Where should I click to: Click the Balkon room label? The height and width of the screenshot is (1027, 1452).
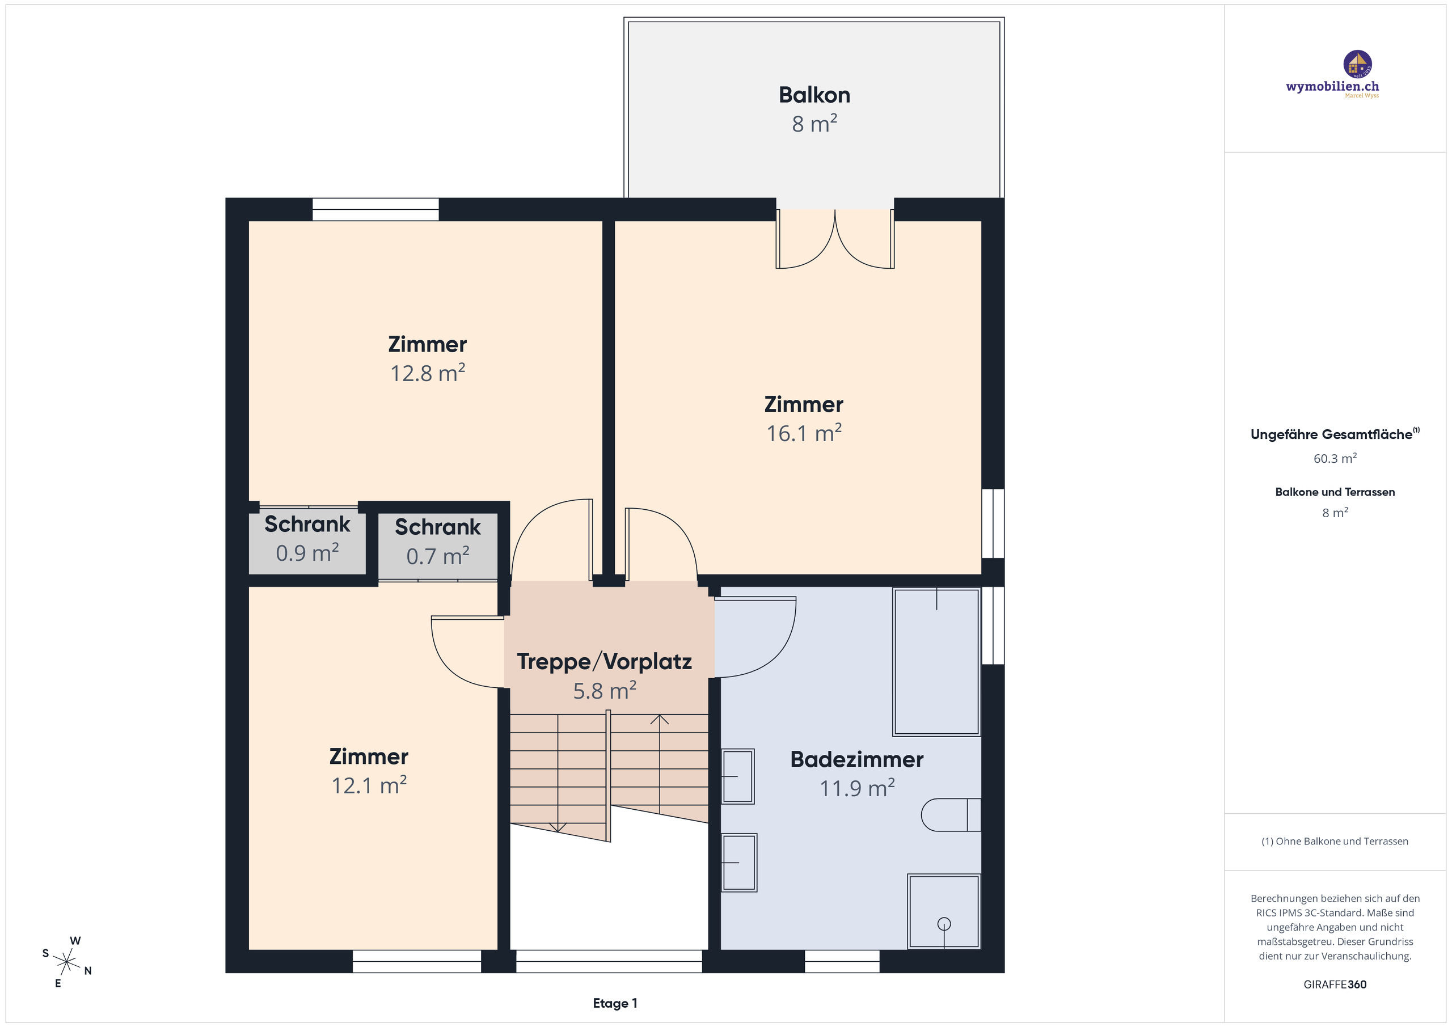coord(814,95)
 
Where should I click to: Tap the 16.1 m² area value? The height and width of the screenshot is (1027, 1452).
coord(804,433)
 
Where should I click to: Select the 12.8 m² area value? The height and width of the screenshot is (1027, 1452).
coord(428,373)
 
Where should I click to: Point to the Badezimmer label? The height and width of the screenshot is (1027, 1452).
coord(857,759)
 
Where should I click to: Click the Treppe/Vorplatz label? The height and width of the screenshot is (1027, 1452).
coord(605,661)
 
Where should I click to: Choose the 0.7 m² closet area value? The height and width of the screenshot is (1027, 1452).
coord(438,556)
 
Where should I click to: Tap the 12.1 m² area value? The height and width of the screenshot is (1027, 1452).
coord(369,785)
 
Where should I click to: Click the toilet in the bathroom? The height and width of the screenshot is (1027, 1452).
coord(951,814)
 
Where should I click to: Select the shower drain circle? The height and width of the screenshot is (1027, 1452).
coord(944,924)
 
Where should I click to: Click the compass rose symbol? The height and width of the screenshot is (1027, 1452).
coord(66,962)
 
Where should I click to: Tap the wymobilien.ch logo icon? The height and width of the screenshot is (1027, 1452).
coord(1357,65)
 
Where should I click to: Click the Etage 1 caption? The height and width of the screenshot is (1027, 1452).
coord(615,1003)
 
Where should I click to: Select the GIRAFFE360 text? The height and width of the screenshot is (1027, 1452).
coord(1335,984)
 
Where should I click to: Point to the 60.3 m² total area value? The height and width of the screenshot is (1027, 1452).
coord(1335,458)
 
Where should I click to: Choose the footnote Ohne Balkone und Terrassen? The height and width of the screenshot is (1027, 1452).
coord(1335,841)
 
